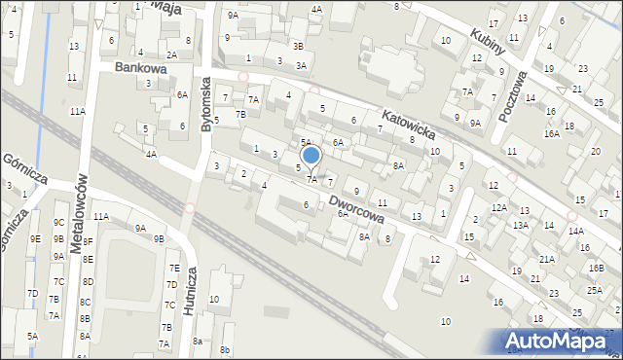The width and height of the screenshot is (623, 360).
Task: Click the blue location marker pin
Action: point(311,156)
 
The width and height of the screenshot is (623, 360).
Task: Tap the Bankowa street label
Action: point(140,69)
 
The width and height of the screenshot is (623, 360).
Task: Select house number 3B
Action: point(298,47)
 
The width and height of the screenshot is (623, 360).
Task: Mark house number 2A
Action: point(171,55)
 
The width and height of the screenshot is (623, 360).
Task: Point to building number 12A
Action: point(498,208)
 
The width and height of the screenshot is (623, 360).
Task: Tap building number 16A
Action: point(551,133)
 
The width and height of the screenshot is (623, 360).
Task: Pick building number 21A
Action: point(547,259)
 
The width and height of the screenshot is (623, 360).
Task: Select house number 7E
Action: point(174,268)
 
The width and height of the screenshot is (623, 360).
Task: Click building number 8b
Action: point(226,349)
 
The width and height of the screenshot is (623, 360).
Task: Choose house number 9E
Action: point(35,238)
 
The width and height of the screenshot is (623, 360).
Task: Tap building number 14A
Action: point(576,231)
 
